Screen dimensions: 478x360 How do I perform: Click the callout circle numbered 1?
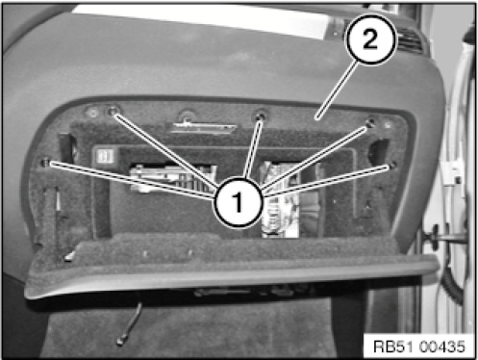pos(239,202)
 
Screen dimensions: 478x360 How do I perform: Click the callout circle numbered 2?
pos(370,39)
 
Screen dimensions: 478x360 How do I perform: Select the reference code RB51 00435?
pos(419,347)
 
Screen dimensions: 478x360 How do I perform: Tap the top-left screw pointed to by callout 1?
pos(113,112)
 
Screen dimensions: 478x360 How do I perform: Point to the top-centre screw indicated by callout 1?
pos(260,116)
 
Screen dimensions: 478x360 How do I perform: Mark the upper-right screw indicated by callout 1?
pos(370,123)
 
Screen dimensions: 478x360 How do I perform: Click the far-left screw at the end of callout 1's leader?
pos(45,163)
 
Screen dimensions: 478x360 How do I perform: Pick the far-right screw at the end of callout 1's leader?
pos(392,166)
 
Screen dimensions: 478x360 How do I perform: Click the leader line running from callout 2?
pos(338,90)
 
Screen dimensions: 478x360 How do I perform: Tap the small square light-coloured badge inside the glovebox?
pos(106,156)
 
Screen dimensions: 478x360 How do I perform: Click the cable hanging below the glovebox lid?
pos(130,323)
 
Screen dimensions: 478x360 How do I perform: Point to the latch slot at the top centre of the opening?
pos(203,128)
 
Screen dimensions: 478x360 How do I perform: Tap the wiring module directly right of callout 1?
pos(280,199)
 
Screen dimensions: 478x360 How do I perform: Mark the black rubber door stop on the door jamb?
pos(436,237)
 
